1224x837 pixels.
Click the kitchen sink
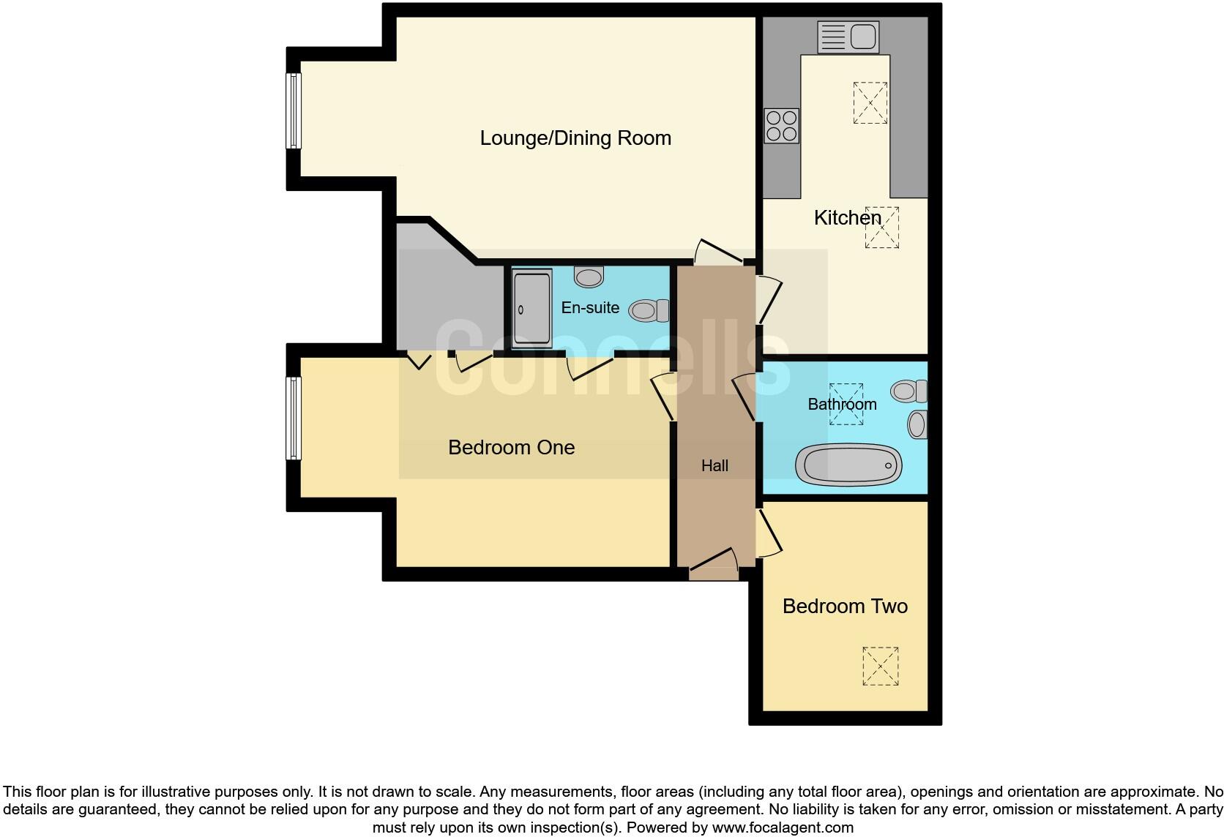[848, 37]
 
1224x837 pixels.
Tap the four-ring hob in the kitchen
[781, 126]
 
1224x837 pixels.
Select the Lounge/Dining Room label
[575, 138]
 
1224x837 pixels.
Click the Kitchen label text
[847, 217]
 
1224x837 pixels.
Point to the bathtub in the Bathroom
[848, 465]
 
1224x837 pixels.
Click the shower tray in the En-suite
[532, 309]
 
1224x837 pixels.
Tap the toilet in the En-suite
[649, 311]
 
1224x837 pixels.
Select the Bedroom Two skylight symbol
[880, 666]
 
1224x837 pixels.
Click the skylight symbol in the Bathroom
[846, 404]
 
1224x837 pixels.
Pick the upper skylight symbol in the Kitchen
[870, 102]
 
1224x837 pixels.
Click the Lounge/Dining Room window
[293, 111]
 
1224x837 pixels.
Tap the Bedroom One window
[293, 418]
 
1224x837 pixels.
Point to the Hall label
[714, 465]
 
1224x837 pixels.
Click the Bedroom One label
[511, 448]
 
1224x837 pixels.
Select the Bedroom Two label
[845, 607]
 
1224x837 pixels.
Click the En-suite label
[590, 308]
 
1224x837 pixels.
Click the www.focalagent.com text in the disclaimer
[782, 828]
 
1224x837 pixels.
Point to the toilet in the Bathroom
[908, 391]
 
